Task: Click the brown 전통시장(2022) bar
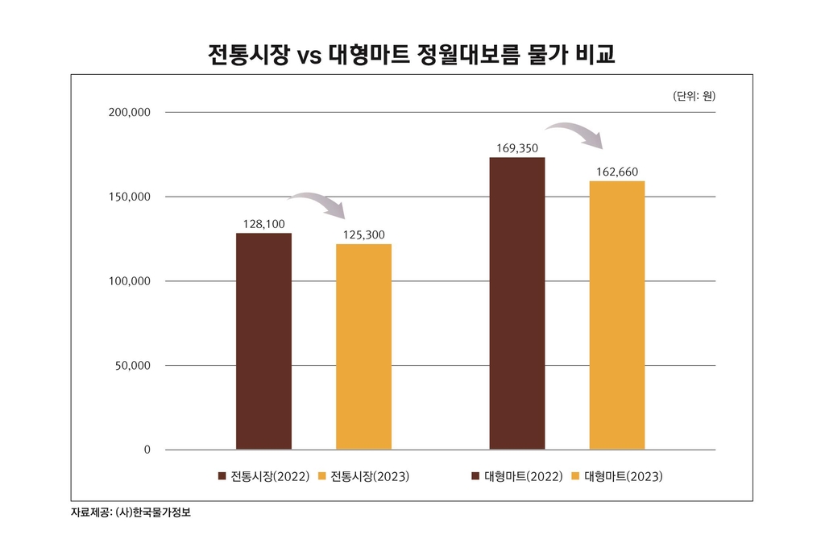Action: tap(263, 341)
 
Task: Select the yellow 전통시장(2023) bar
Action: tap(363, 346)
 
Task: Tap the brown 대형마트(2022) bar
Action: tap(517, 303)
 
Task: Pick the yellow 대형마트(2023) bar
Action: tap(617, 315)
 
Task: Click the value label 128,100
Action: tap(263, 222)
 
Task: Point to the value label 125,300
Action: tap(364, 234)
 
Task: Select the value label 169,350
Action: tap(517, 147)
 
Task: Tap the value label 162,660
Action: tap(617, 171)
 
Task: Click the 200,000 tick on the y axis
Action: tap(130, 112)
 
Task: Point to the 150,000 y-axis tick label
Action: tap(130, 197)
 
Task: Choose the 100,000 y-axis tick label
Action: tap(130, 281)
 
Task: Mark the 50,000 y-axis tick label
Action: tap(133, 366)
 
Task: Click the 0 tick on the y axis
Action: tap(147, 450)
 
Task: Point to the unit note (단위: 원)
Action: tap(694, 96)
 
